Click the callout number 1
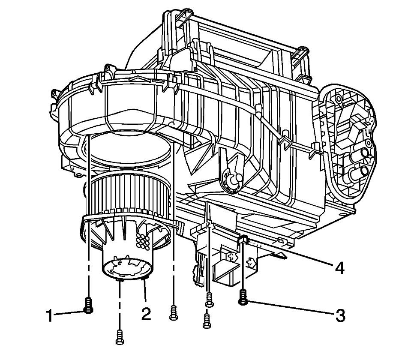pos(51,316)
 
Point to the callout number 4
pos(339,268)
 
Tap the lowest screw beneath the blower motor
pos(120,337)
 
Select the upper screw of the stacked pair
pos(209,300)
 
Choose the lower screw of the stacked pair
pos(207,321)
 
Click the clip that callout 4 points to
pos(243,240)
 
